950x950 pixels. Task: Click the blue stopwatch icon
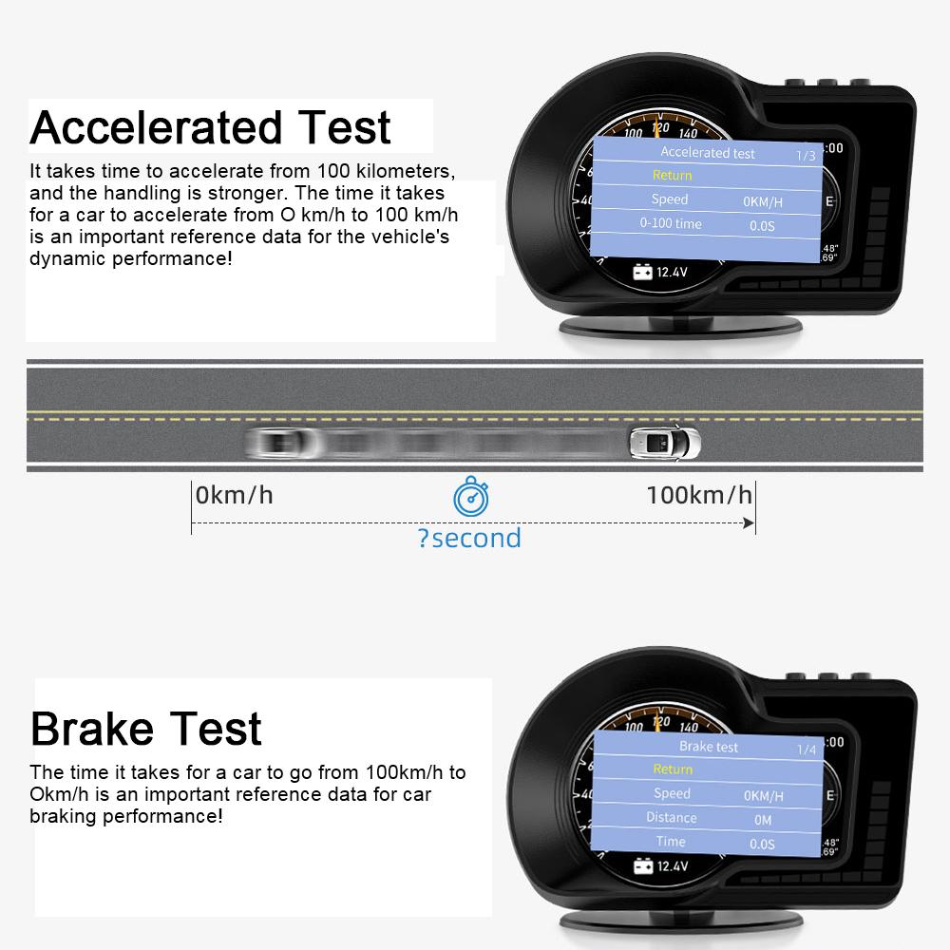click(x=470, y=497)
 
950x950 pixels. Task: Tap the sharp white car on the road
click(x=664, y=442)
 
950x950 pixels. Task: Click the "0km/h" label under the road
click(x=234, y=495)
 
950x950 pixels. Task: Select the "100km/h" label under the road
click(x=699, y=495)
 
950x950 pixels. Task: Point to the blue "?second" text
click(x=469, y=539)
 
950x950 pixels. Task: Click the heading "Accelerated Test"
click(x=210, y=127)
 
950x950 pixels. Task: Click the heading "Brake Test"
click(x=145, y=729)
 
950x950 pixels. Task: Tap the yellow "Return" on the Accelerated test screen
click(x=672, y=176)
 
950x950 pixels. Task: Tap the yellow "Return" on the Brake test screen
click(x=673, y=769)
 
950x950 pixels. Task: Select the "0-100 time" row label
click(x=671, y=223)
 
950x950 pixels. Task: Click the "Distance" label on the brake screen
click(x=672, y=818)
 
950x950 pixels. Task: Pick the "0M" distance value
click(x=763, y=820)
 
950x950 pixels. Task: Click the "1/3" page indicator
click(x=806, y=155)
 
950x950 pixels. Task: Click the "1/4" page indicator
click(x=807, y=750)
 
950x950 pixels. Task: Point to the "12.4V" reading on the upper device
click(x=672, y=273)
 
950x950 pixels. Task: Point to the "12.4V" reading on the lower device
click(x=672, y=866)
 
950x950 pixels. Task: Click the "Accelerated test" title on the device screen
click(x=708, y=152)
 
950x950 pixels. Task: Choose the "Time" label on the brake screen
click(x=671, y=842)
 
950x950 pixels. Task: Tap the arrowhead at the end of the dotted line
click(x=750, y=523)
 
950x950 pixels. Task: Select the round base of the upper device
click(x=680, y=327)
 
